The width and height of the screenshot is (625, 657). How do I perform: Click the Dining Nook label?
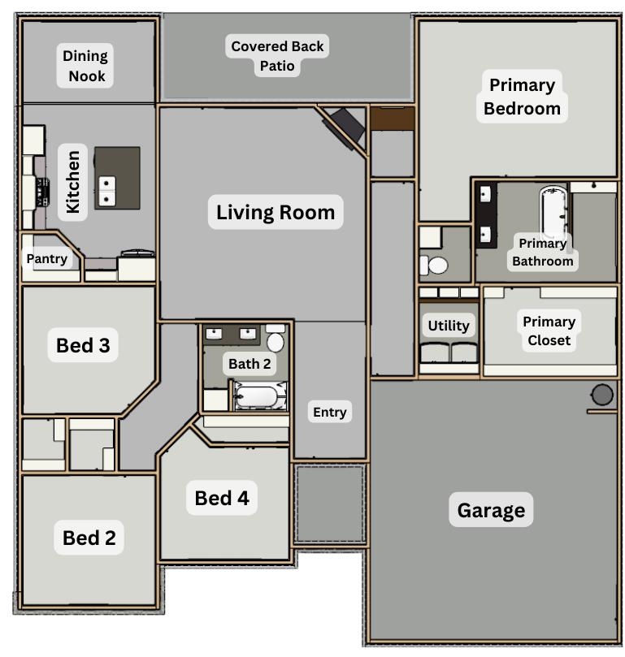85,67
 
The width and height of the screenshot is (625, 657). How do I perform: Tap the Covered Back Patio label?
277,56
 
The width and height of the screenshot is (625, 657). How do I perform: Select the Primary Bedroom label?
522,97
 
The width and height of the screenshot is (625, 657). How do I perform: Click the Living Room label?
276,213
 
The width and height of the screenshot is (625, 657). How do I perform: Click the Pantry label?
47,259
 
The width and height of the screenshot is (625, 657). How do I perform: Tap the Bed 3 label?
83,345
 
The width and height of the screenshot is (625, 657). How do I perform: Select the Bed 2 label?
89,538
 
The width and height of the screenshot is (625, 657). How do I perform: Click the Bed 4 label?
222,498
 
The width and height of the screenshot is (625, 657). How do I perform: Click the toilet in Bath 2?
276,340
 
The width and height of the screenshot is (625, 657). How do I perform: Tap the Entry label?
329,413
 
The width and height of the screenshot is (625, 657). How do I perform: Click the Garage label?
491,511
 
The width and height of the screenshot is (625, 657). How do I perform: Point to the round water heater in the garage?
601,395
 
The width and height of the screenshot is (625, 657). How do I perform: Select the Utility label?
449,326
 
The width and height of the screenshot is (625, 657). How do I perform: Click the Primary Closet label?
549,331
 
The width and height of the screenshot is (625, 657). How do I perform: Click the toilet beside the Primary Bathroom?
436,264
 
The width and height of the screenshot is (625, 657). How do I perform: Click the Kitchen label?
73,181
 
